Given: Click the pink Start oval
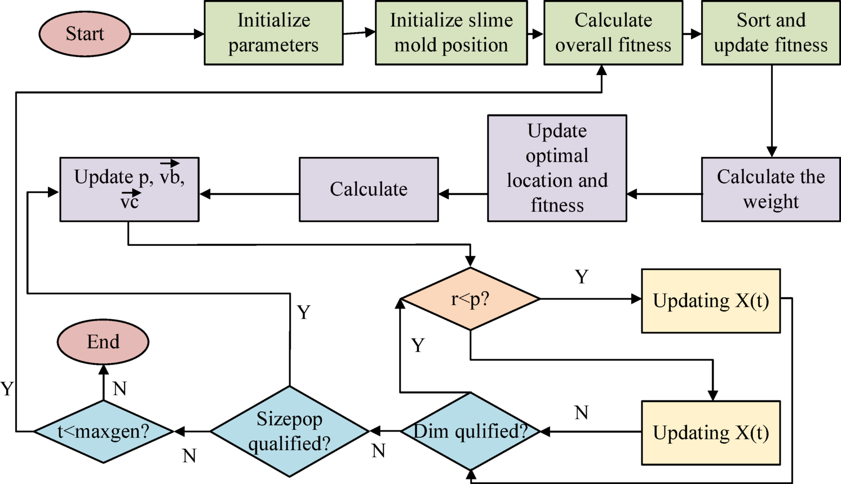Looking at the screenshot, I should coord(85,34).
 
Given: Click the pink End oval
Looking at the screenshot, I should coord(103,342).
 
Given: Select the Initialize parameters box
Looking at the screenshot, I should coord(273,33).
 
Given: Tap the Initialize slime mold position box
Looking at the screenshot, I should coord(451,33).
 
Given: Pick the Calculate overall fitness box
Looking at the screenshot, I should coord(613,33).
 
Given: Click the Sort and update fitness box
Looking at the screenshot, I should coord(771,33).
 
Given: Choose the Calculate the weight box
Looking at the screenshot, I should coord(771,189).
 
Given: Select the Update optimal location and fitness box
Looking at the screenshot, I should coord(557,168).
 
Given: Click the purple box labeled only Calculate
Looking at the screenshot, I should coord(369,189).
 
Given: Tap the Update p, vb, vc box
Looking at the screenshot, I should coord(129,189).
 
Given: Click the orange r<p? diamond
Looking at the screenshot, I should coord(470,299).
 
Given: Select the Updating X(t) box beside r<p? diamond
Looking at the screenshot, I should coord(711,301).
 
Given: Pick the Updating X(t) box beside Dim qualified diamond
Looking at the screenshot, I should coord(711,433).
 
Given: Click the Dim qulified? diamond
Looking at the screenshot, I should coord(470,432).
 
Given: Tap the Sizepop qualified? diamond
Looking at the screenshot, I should coord(290,432).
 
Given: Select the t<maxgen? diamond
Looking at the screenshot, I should coord(103,432).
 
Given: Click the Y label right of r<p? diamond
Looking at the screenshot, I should coord(581,277).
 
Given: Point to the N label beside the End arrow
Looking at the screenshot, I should coord(119,388).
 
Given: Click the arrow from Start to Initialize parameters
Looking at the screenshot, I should coord(167,34).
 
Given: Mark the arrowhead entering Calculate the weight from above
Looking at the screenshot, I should coord(772,151).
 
